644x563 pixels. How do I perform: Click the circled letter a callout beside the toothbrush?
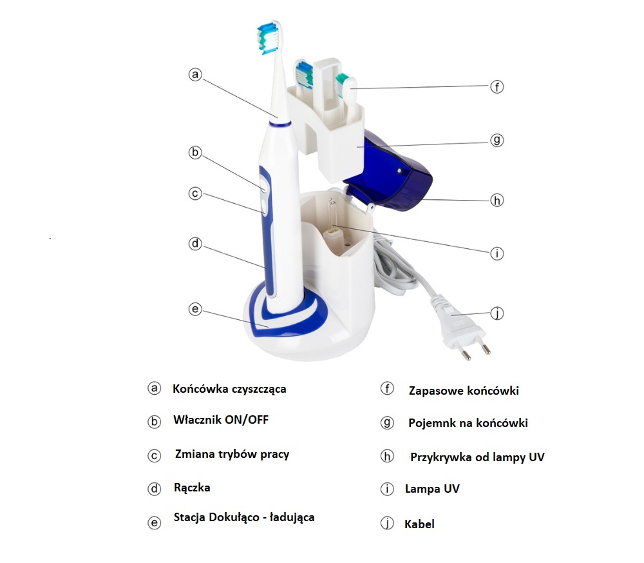click(x=195, y=74)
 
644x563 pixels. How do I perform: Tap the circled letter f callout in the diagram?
click(x=497, y=87)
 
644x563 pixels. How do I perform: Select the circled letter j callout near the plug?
click(x=497, y=313)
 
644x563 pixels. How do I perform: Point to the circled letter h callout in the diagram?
click(x=497, y=201)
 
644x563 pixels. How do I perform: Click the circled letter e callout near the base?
click(x=195, y=309)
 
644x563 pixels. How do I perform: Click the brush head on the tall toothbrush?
click(x=270, y=38)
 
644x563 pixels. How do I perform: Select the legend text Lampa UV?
click(x=432, y=489)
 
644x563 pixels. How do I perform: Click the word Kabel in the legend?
click(x=419, y=524)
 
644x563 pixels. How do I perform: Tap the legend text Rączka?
click(x=192, y=488)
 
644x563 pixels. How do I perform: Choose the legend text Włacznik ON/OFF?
click(x=221, y=420)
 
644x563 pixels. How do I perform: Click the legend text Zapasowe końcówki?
click(x=464, y=391)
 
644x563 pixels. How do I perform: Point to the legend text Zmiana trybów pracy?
click(x=232, y=454)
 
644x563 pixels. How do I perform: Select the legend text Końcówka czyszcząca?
click(x=229, y=389)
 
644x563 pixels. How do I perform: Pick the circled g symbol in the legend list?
click(x=387, y=423)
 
